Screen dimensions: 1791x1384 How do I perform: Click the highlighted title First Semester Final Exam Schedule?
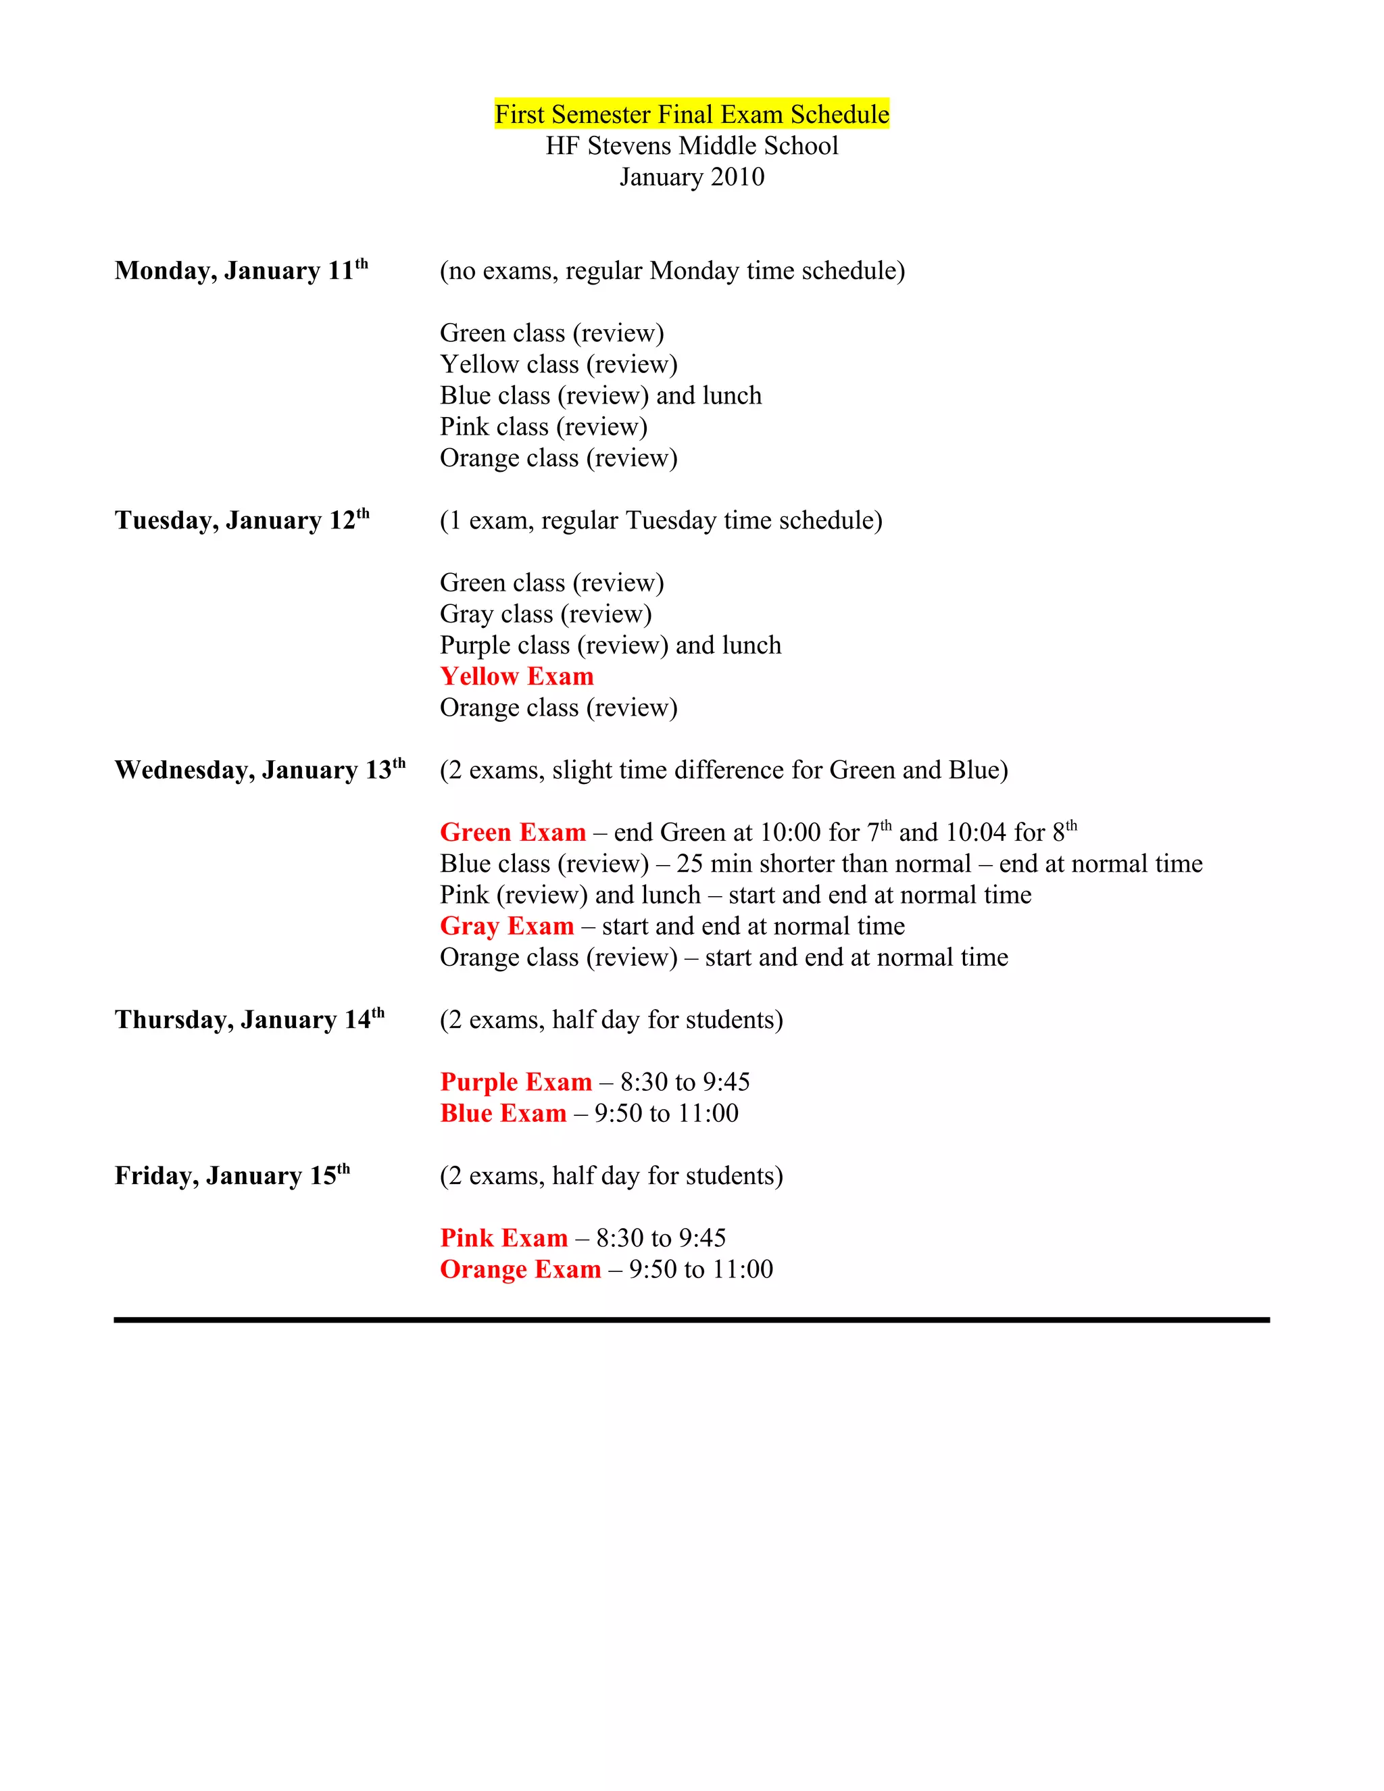pos(691,114)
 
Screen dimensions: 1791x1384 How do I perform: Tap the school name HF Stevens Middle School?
pos(691,146)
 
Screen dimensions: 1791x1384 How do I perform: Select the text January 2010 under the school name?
pos(691,177)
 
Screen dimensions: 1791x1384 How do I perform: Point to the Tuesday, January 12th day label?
pos(242,520)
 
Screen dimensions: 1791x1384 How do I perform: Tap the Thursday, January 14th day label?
pos(249,1019)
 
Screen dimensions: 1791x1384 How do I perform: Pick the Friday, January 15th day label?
pos(232,1176)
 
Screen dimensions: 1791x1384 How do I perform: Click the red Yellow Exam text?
pos(516,677)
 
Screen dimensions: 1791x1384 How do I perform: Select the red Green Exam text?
pos(512,833)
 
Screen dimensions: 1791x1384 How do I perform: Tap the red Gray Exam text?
pos(507,926)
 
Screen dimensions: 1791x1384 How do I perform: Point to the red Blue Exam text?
pos(503,1114)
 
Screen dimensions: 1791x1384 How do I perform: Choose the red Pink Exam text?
pos(503,1238)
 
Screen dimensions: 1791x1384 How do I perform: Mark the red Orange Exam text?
pos(520,1269)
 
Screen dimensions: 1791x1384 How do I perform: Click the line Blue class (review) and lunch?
pos(600,396)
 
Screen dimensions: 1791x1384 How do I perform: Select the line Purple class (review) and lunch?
pos(610,645)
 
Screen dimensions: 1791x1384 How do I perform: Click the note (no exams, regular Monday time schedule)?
pos(672,270)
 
